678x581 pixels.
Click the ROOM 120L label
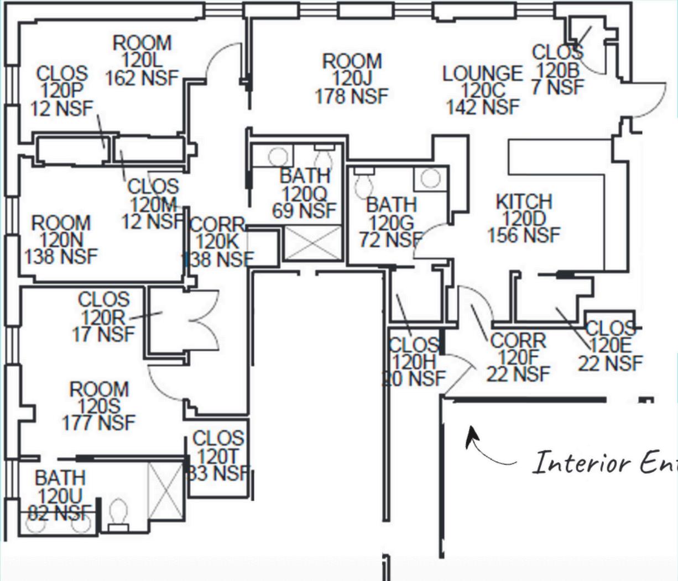pyautogui.click(x=142, y=60)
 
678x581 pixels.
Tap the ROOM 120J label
pyautogui.click(x=352, y=78)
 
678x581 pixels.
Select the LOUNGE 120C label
pyautogui.click(x=483, y=89)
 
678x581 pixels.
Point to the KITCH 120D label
pyautogui.click(x=524, y=218)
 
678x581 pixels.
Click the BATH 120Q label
pyautogui.click(x=304, y=193)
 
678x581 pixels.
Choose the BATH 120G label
pyautogui.click(x=391, y=223)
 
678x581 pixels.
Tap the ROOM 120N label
pyautogui.click(x=61, y=240)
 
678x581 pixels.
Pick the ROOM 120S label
pyautogui.click(x=98, y=406)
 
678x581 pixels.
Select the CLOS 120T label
pyautogui.click(x=218, y=456)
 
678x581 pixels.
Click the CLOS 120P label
pyautogui.click(x=61, y=91)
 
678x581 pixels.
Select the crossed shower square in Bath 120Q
pyautogui.click(x=312, y=243)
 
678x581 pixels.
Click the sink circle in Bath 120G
pyautogui.click(x=430, y=178)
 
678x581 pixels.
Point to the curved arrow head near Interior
pyautogui.click(x=471, y=434)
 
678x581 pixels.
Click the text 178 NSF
pyautogui.click(x=352, y=96)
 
